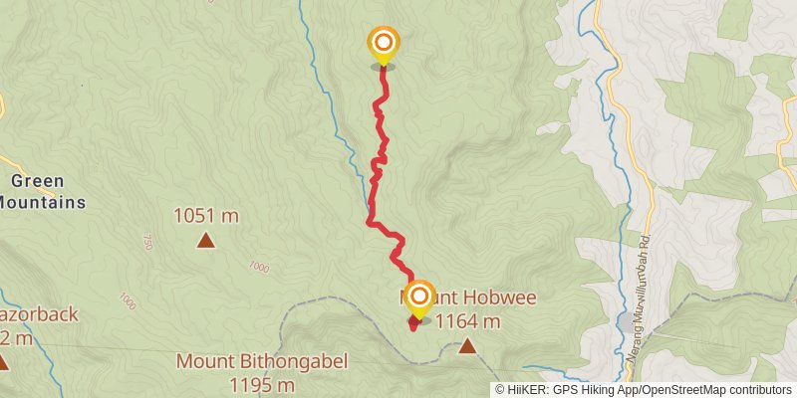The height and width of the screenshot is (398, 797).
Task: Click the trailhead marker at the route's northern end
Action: click(x=383, y=44)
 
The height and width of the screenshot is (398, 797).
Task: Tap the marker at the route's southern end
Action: click(x=419, y=298)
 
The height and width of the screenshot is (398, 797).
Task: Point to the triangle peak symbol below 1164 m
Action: click(x=467, y=346)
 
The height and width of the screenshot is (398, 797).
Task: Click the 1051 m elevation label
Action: click(x=206, y=215)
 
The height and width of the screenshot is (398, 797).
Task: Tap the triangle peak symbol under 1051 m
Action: click(x=205, y=240)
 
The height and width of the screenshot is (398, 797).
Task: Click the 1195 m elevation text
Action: click(x=262, y=384)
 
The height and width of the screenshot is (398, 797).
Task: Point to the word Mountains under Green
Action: click(x=40, y=202)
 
